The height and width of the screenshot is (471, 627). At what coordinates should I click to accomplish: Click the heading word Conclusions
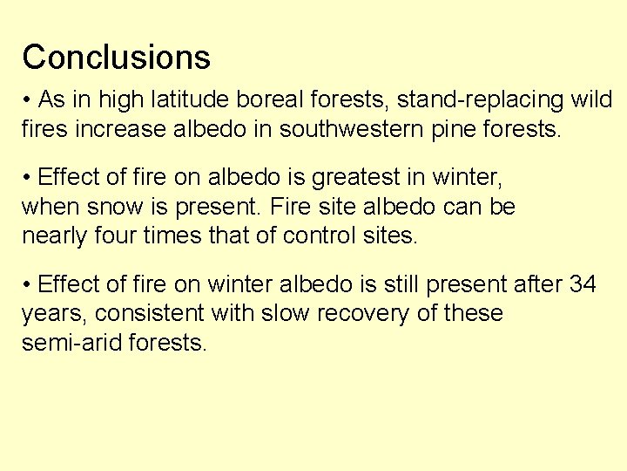coord(116,58)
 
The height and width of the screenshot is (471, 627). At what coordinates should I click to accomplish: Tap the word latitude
coord(189,100)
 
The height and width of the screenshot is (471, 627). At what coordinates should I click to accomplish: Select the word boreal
coord(267,100)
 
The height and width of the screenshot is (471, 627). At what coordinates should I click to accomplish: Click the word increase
coord(124,130)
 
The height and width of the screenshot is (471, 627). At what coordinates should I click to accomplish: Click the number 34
coord(583,284)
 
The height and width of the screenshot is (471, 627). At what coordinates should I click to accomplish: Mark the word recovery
coord(366,313)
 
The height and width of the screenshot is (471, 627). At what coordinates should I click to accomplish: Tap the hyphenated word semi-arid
coord(71,343)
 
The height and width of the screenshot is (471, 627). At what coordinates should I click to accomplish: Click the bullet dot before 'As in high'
coord(28,101)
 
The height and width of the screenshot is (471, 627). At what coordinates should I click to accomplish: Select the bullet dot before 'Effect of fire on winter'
coord(28,285)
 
